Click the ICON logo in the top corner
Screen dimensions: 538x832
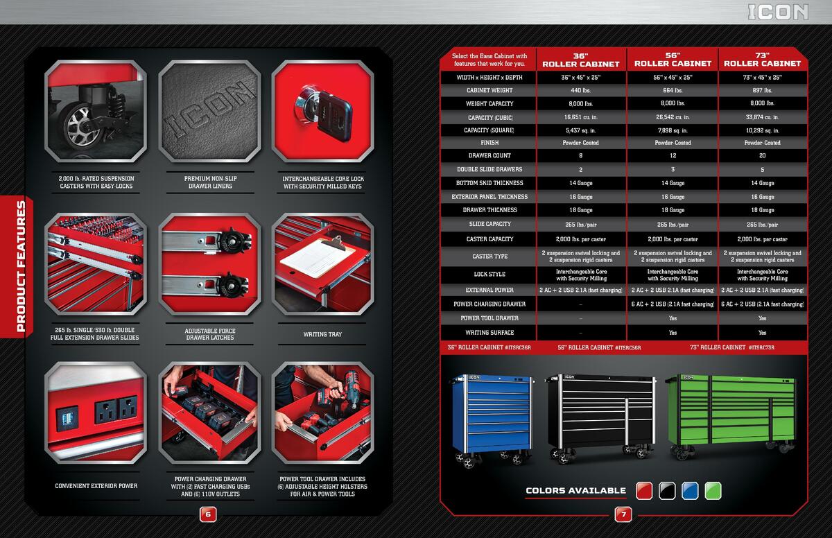(x=778, y=12)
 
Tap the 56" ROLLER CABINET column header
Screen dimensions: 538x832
(x=673, y=60)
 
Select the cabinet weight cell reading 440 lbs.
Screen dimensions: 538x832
(x=580, y=90)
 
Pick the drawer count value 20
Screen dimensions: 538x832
(x=762, y=156)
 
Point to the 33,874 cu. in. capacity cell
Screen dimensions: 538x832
(x=762, y=117)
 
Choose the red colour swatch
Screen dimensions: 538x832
(x=645, y=491)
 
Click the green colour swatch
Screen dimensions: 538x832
(x=713, y=491)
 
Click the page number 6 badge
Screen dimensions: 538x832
(x=209, y=514)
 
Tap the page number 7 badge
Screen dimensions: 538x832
(x=623, y=514)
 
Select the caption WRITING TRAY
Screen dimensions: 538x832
(x=322, y=335)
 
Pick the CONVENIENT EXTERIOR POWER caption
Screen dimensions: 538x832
(x=96, y=486)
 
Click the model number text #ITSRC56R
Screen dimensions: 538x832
(x=627, y=347)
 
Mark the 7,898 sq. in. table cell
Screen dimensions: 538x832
(x=673, y=130)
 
